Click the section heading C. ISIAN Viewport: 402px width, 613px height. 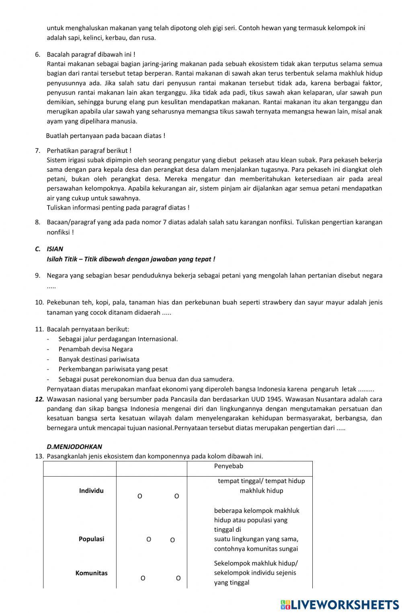point(49,249)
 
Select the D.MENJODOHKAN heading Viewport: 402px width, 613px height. point(74,446)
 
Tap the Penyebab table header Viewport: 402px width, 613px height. point(229,466)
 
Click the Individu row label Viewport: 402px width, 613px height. point(91,491)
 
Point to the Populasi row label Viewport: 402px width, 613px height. point(91,539)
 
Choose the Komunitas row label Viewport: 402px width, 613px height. point(91,573)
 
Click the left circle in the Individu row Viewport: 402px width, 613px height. point(140,496)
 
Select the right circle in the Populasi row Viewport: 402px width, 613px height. point(172,540)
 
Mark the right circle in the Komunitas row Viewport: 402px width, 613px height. point(178,578)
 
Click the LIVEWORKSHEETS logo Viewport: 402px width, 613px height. point(340,604)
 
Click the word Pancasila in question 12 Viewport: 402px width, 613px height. point(185,399)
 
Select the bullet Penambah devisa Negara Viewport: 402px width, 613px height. point(96,349)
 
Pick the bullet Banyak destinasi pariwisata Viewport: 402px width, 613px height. point(99,359)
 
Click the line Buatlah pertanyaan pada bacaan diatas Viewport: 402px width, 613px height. point(105,136)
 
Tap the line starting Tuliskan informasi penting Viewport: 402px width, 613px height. point(118,208)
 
